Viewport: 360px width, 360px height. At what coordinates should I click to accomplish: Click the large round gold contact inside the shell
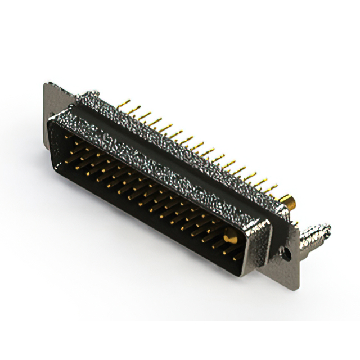point(229,238)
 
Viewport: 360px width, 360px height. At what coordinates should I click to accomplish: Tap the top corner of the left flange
point(47,85)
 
